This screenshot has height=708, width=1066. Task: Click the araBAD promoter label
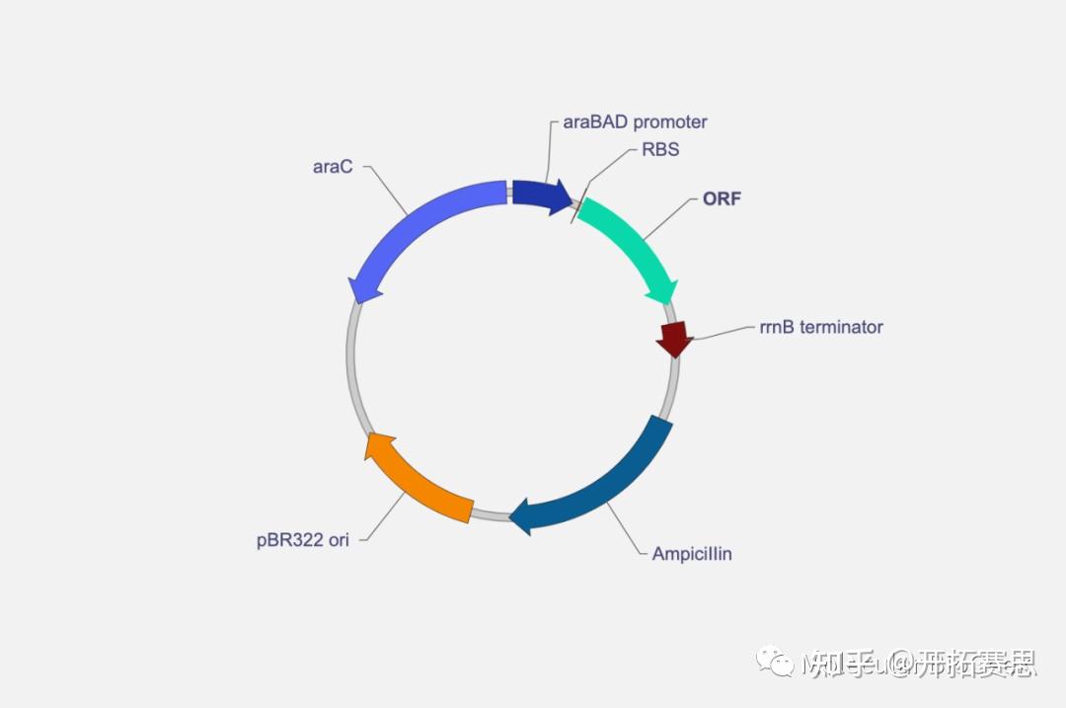click(635, 122)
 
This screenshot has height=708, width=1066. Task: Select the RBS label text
click(660, 151)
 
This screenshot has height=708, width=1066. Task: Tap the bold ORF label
click(722, 198)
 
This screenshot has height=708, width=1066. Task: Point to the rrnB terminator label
click(821, 327)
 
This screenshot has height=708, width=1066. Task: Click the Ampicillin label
click(692, 554)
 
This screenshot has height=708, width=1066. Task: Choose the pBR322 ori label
click(302, 541)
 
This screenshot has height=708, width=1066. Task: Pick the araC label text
click(333, 167)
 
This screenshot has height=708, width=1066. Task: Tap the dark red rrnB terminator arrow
click(675, 339)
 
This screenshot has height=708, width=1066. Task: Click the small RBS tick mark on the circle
click(577, 207)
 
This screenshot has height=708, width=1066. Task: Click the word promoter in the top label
click(670, 122)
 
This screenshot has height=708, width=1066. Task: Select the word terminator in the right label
click(841, 327)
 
